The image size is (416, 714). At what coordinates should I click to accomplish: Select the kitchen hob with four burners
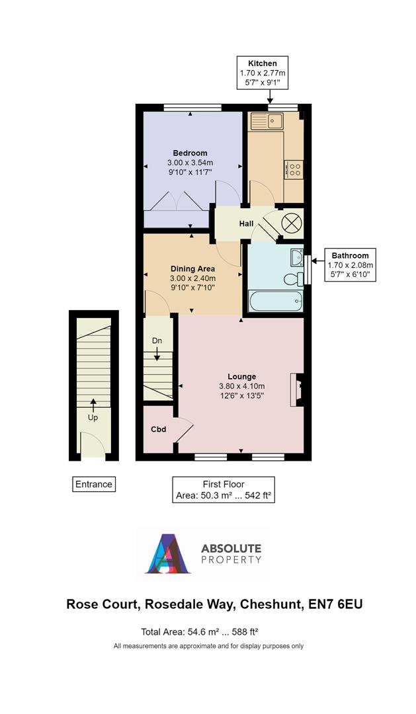pyautogui.click(x=294, y=169)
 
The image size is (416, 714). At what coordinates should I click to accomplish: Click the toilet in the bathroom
pyautogui.click(x=291, y=280)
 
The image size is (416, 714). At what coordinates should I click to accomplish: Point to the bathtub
pyautogui.click(x=276, y=303)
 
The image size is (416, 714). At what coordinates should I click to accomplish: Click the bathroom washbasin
pyautogui.click(x=296, y=257)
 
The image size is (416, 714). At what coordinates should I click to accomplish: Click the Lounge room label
pyautogui.click(x=241, y=376)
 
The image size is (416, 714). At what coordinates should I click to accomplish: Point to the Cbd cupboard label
pyautogui.click(x=158, y=430)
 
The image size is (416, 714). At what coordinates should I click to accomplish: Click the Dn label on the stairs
pyautogui.click(x=157, y=340)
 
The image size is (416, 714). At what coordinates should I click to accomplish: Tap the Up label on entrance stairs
pyautogui.click(x=93, y=418)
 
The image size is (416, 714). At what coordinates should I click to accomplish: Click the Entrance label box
pyautogui.click(x=93, y=484)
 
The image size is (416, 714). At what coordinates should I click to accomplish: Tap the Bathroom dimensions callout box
pyautogui.click(x=350, y=264)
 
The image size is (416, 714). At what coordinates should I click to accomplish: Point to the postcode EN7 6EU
pyautogui.click(x=337, y=604)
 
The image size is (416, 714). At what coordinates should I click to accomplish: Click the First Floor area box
pyautogui.click(x=222, y=490)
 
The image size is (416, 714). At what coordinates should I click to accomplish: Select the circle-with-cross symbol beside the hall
pyautogui.click(x=292, y=222)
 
